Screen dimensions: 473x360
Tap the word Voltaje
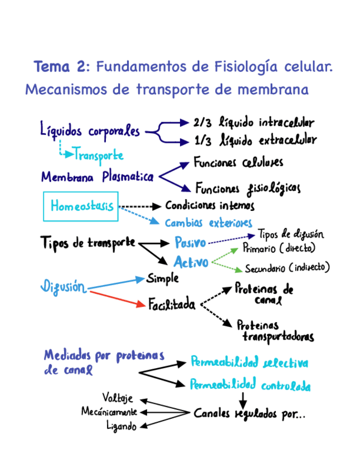click(x=118, y=398)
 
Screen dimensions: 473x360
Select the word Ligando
click(x=121, y=426)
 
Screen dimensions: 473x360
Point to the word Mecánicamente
click(x=109, y=412)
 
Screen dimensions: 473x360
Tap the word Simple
click(x=163, y=278)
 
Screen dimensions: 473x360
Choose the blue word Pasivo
click(x=190, y=243)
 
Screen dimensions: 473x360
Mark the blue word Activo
click(x=191, y=262)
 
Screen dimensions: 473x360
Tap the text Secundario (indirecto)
click(x=287, y=268)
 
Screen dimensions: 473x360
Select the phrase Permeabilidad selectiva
click(x=249, y=363)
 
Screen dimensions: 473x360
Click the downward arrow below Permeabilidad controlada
click(x=242, y=400)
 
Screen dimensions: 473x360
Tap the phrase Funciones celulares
click(x=238, y=162)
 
